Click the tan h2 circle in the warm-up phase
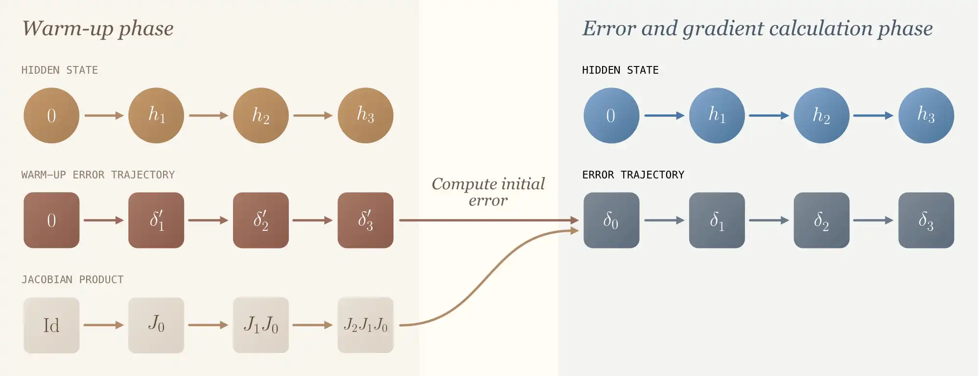pyautogui.click(x=261, y=115)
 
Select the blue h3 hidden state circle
pyautogui.click(x=926, y=115)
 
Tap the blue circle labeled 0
pyautogui.click(x=611, y=115)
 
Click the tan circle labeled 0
pyautogui.click(x=51, y=115)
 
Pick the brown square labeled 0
pyautogui.click(x=51, y=220)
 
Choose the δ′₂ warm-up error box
pyautogui.click(x=261, y=220)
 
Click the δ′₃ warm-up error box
pyautogui.click(x=366, y=220)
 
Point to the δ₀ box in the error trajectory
pyautogui.click(x=611, y=220)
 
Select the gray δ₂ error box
pyautogui.click(x=821, y=220)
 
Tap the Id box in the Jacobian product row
pyautogui.click(x=51, y=325)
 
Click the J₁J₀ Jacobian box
pyautogui.click(x=261, y=325)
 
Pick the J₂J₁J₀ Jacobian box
pyautogui.click(x=366, y=325)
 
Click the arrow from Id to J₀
pyautogui.click(x=104, y=325)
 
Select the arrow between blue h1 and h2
pyautogui.click(x=769, y=115)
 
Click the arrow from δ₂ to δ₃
pyautogui.click(x=874, y=220)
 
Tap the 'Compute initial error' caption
pyautogui.click(x=488, y=192)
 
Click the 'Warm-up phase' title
pyautogui.click(x=98, y=28)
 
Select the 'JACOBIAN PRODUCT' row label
pyautogui.click(x=72, y=280)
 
